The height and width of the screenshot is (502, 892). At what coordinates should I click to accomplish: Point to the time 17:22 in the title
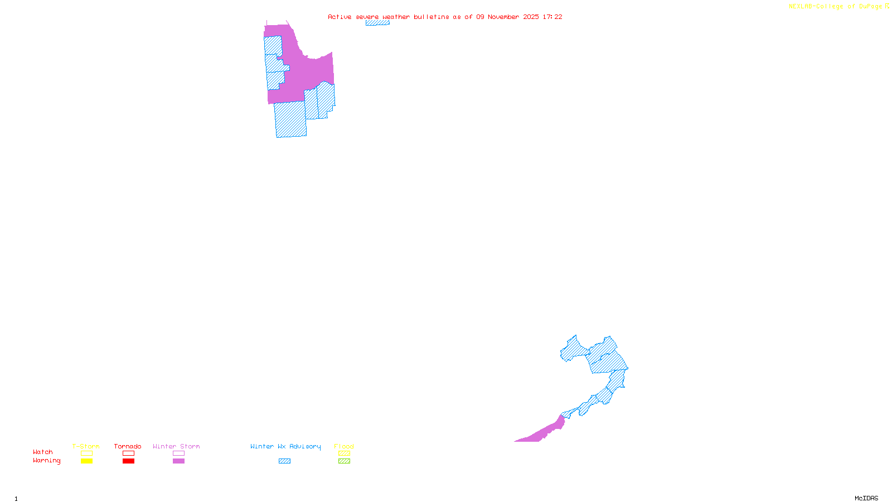(552, 17)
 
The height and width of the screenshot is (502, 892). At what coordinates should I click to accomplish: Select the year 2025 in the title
(531, 17)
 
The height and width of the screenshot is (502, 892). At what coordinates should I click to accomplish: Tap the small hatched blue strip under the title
(377, 23)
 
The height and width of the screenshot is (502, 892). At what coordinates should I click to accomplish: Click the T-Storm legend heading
(86, 446)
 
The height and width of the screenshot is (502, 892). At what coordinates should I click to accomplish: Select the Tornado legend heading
(128, 446)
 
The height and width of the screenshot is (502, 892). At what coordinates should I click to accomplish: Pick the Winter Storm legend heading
(176, 446)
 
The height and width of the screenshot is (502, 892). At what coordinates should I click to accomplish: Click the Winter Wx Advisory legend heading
(285, 446)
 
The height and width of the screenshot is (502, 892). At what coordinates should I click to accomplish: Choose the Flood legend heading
(344, 446)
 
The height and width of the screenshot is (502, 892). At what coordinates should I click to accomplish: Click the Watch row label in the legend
(43, 452)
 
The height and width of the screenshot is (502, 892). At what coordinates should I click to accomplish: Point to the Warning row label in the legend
(47, 461)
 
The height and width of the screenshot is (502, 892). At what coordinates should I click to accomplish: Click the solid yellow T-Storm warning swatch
(86, 461)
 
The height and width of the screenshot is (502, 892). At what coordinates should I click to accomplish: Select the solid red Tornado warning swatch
(128, 461)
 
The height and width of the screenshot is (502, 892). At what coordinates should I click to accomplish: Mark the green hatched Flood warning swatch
(344, 461)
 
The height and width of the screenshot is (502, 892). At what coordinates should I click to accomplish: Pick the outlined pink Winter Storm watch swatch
(178, 453)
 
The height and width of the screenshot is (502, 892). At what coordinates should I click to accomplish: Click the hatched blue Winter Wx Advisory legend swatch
(284, 461)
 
